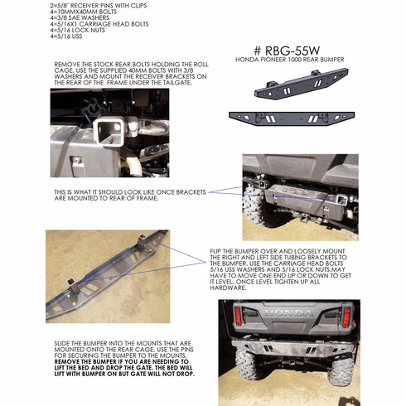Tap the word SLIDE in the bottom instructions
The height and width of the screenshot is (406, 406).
(61, 341)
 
